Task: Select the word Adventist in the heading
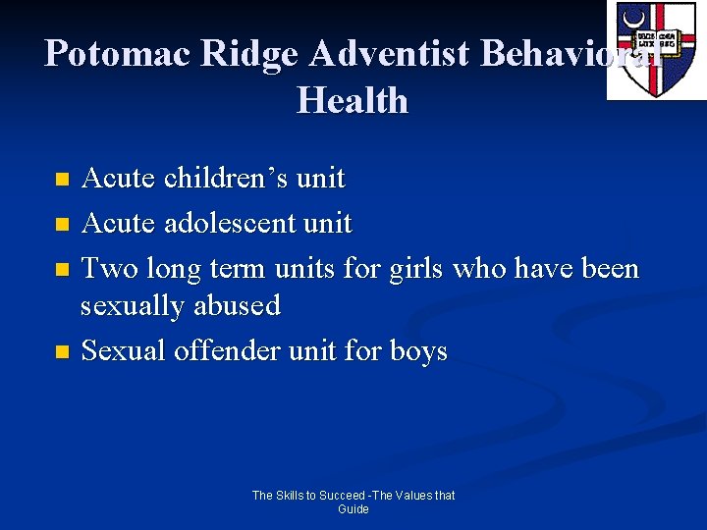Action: click(389, 53)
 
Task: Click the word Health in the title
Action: click(353, 100)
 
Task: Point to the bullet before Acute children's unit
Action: click(62, 180)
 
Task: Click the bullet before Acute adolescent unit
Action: click(62, 225)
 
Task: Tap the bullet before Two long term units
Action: click(62, 269)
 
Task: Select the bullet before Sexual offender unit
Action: click(62, 351)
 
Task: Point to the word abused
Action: click(236, 306)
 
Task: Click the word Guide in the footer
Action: click(353, 509)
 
